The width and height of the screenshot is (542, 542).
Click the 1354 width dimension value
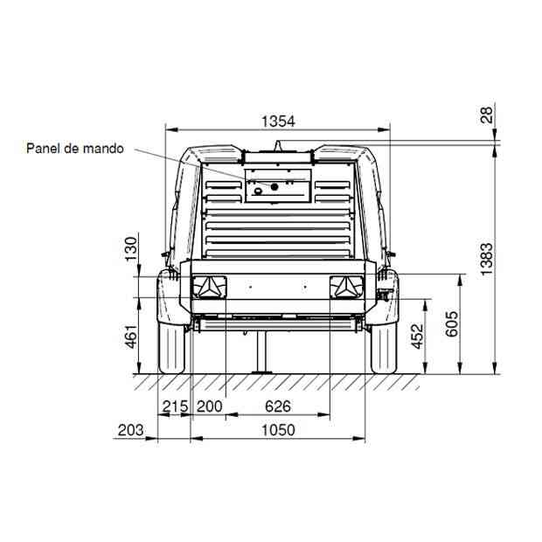click(x=278, y=122)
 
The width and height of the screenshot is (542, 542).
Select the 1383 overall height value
click(x=486, y=259)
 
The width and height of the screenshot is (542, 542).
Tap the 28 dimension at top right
click(x=486, y=115)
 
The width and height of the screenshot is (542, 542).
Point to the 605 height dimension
click(x=452, y=323)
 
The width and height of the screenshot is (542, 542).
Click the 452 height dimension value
click(x=417, y=336)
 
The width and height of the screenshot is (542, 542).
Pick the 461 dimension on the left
click(x=131, y=336)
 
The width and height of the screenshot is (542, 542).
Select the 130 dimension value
click(x=131, y=249)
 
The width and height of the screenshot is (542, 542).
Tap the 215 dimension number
click(x=175, y=406)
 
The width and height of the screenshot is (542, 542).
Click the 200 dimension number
click(x=210, y=406)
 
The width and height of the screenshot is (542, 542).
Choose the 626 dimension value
click(x=278, y=406)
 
